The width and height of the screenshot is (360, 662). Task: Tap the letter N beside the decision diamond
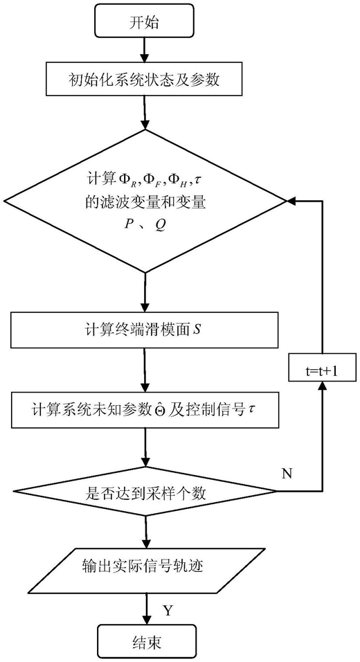pos(287,473)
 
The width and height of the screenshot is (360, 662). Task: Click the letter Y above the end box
pos(168,611)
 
